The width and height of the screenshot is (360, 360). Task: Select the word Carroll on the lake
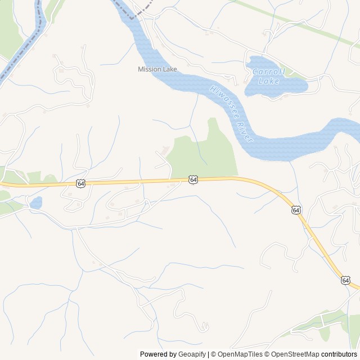[269, 72]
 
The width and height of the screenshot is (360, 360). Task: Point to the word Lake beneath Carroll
[269, 81]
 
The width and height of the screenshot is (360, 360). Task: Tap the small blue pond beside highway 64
[35, 202]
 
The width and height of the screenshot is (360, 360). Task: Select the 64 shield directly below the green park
[193, 179]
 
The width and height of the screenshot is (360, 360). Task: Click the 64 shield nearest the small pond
[80, 183]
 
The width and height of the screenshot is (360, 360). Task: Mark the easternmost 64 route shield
[345, 280]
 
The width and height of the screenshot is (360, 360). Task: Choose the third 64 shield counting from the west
[296, 210]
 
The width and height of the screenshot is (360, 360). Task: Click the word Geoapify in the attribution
[192, 354]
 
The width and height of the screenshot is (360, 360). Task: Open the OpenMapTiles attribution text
[240, 354]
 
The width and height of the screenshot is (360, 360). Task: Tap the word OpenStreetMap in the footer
[295, 354]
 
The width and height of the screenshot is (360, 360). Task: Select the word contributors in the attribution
[339, 354]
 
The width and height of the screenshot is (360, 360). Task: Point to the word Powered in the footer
[154, 354]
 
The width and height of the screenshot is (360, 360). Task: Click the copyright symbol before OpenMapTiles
[213, 354]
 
